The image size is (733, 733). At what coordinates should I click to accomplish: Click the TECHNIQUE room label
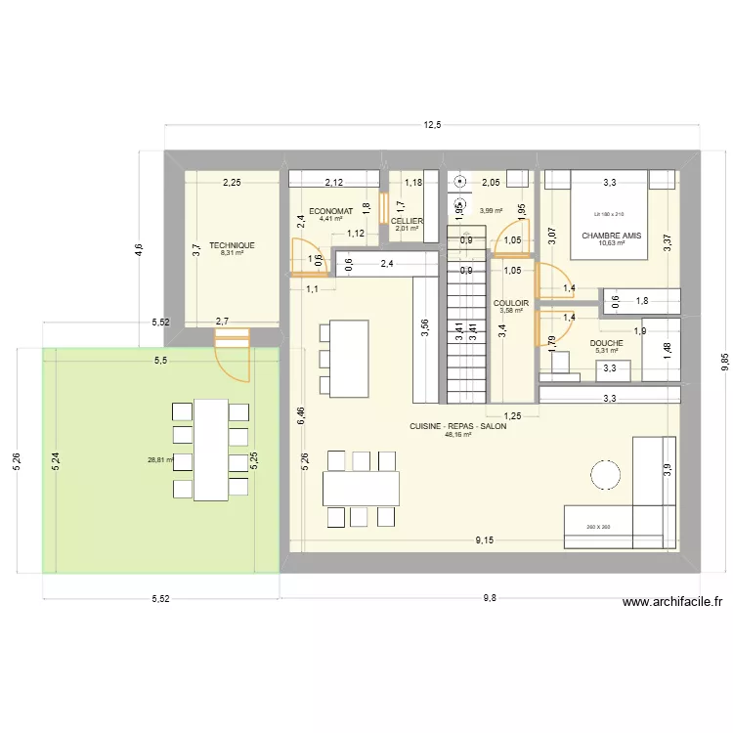point(232,245)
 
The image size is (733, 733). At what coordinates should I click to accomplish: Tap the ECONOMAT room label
point(330,211)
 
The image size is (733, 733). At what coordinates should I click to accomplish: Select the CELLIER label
point(407,221)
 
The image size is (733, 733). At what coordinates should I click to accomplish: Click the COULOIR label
point(511,303)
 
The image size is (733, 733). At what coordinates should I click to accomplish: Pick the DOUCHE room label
point(607,343)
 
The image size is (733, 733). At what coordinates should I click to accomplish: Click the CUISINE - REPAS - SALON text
point(457,426)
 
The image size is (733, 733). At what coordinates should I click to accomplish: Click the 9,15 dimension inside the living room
point(484,539)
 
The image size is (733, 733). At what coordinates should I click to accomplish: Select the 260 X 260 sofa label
point(597,527)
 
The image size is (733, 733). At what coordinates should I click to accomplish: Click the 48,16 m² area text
point(457,435)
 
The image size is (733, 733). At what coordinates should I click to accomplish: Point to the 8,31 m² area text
point(232,253)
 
